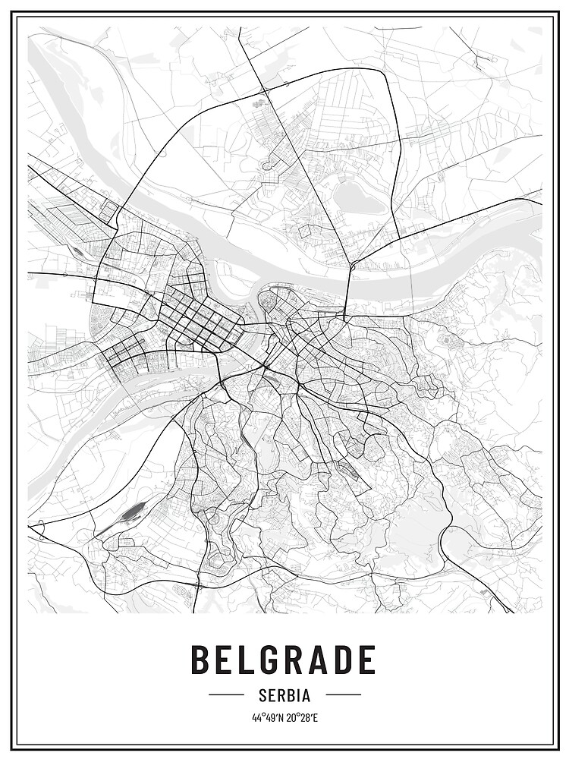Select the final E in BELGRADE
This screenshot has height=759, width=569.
click(366, 660)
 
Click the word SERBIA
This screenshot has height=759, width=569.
click(284, 694)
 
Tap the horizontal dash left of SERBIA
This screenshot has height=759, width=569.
click(225, 694)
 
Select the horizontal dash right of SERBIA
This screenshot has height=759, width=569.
click(343, 694)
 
